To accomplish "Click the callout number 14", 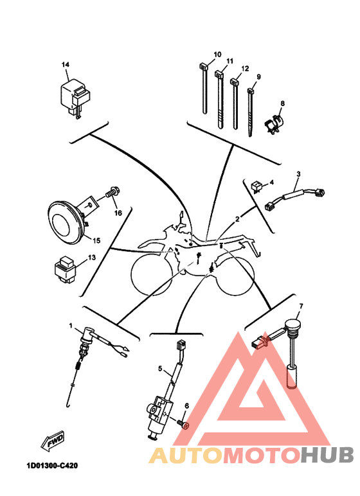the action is (x=65, y=64).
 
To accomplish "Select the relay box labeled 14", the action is (x=75, y=98).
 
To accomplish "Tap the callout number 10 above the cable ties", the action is (x=217, y=55).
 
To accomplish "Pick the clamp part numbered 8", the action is (x=274, y=124).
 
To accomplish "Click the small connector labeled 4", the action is (x=256, y=186).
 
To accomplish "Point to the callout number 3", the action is (x=298, y=173).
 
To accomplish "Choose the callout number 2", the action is (x=237, y=219).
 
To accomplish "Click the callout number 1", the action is (x=71, y=326).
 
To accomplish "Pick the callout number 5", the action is (x=160, y=369).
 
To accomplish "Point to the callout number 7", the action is (x=301, y=306).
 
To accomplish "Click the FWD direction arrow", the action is (x=53, y=439).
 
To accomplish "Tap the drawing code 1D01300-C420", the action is (x=52, y=466).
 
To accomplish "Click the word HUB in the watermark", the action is (x=327, y=455).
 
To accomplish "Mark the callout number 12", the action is (x=245, y=69).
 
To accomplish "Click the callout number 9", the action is (x=258, y=77).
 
